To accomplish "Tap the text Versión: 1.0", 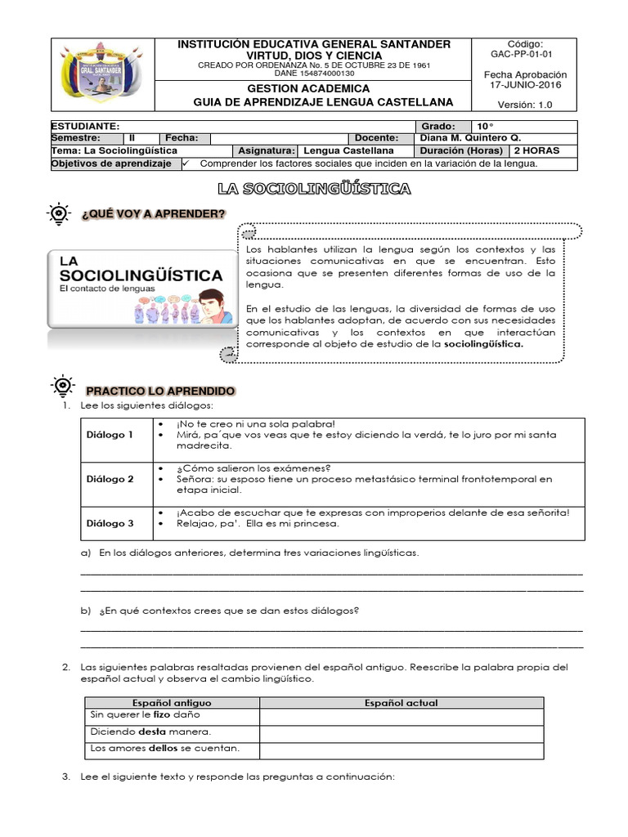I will point(525,104).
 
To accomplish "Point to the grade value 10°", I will point(486,127).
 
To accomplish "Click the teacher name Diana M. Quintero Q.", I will point(469,138).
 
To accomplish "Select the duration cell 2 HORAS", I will point(537,150).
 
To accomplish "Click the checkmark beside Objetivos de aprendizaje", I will point(185,163).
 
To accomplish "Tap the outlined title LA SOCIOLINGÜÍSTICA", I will point(314,189).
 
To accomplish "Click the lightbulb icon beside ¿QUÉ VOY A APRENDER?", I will point(61,214).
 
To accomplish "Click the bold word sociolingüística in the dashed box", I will point(483,344).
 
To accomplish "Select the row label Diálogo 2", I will point(110,479).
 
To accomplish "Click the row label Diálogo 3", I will point(110,523).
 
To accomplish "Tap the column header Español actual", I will point(401,703).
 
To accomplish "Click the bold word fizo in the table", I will point(161,715).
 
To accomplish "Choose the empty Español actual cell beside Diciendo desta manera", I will point(401,732).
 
